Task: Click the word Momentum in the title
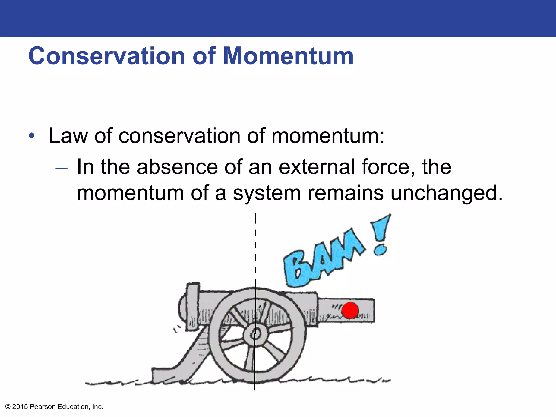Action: point(288,56)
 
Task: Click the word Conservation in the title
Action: point(106,56)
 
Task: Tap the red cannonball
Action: point(350,310)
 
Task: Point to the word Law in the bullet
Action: point(68,135)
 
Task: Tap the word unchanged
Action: point(446,193)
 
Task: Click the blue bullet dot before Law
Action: point(32,136)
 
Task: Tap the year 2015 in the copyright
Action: point(20,407)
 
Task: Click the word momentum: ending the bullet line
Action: point(328,135)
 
